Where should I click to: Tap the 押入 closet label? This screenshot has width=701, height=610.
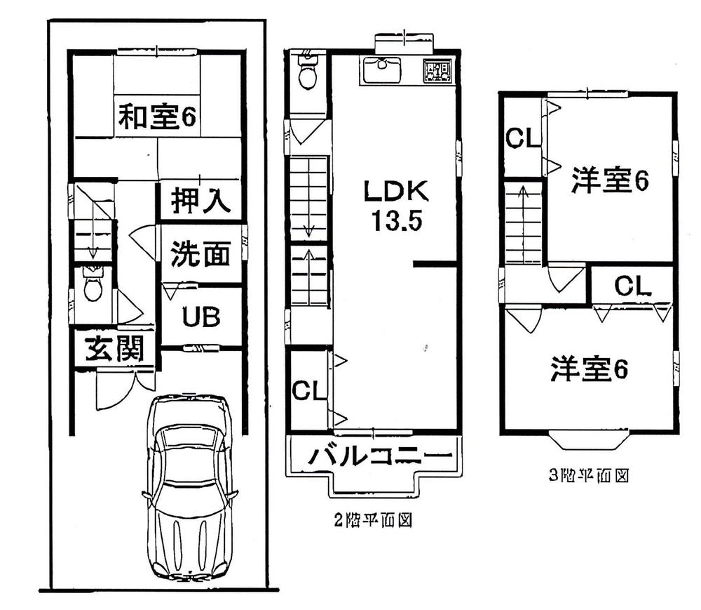200,202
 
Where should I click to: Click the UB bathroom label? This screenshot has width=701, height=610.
201,317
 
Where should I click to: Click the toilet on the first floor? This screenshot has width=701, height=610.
92,286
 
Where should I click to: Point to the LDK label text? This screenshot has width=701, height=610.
395,191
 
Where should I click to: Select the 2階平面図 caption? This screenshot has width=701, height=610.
371,521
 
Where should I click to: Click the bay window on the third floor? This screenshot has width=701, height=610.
587,441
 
